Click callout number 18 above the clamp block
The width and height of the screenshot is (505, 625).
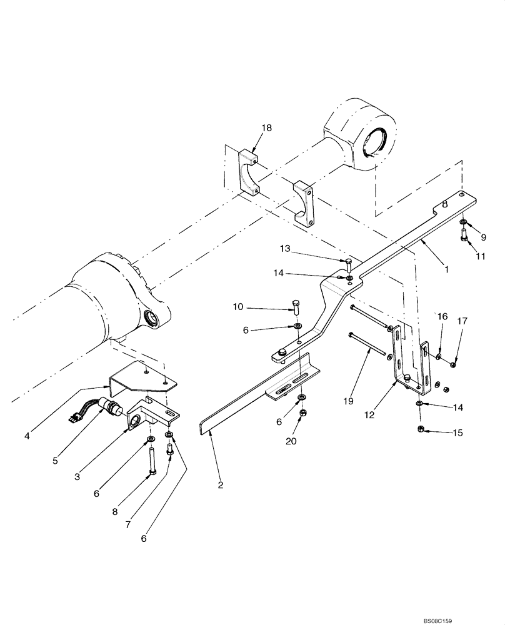click(267, 128)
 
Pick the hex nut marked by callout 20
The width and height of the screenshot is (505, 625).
click(302, 413)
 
